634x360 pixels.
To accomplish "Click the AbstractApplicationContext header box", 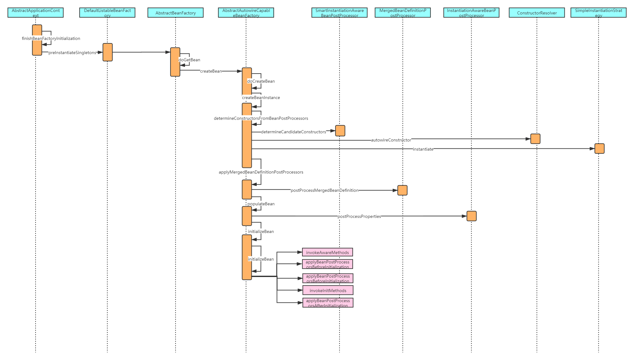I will [36, 13].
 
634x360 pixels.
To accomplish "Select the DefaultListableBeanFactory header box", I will [107, 13].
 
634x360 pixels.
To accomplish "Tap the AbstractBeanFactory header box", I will [176, 13].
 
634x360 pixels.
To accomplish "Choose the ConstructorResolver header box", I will [537, 13].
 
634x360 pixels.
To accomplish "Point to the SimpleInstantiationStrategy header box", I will [598, 13].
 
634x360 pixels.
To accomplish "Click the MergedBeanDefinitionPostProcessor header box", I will [403, 13].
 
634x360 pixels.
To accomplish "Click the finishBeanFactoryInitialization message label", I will [51, 38].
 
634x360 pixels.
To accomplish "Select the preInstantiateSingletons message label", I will [72, 53].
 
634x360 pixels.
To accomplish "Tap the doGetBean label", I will [189, 60].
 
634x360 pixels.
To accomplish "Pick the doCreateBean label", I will [261, 81].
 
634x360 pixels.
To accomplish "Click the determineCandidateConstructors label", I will [293, 132].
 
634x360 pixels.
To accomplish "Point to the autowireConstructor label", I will [391, 140].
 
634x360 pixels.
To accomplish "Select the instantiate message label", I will [423, 149].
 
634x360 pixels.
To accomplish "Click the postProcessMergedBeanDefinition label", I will [324, 190].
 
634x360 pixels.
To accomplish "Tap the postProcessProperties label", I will [359, 216].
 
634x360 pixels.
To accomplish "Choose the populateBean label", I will [261, 204].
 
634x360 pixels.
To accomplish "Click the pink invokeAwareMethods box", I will [327, 252].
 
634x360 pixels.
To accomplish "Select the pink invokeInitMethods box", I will [328, 291].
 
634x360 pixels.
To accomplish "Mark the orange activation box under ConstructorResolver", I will [535, 139].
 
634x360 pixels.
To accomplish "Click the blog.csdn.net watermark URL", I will [597, 354].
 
